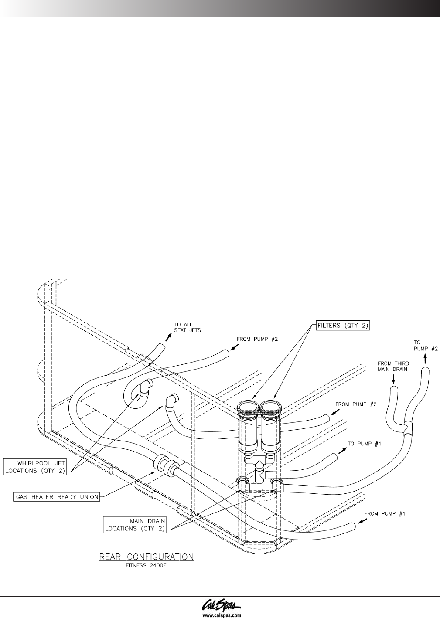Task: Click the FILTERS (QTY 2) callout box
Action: tap(343, 326)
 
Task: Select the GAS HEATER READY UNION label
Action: tap(57, 497)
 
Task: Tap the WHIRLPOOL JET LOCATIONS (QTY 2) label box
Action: tap(35, 466)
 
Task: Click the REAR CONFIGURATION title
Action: tap(146, 557)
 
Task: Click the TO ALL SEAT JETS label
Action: tap(187, 327)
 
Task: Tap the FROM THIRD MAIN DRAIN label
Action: tap(393, 367)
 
